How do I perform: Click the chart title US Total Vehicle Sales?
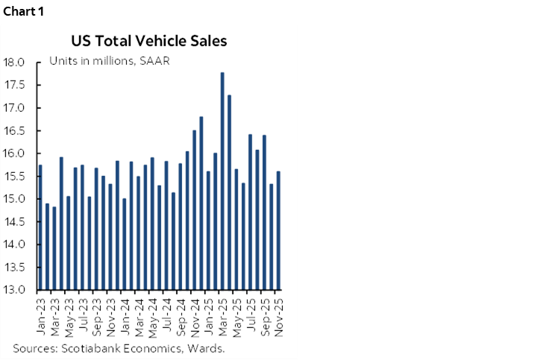pos(149,40)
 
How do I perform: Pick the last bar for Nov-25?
pos(279,230)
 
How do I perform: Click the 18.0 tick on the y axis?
pos(14,62)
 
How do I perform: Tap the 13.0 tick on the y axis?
pos(14,289)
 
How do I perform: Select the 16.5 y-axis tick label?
pos(14,130)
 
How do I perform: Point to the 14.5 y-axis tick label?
pos(14,221)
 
